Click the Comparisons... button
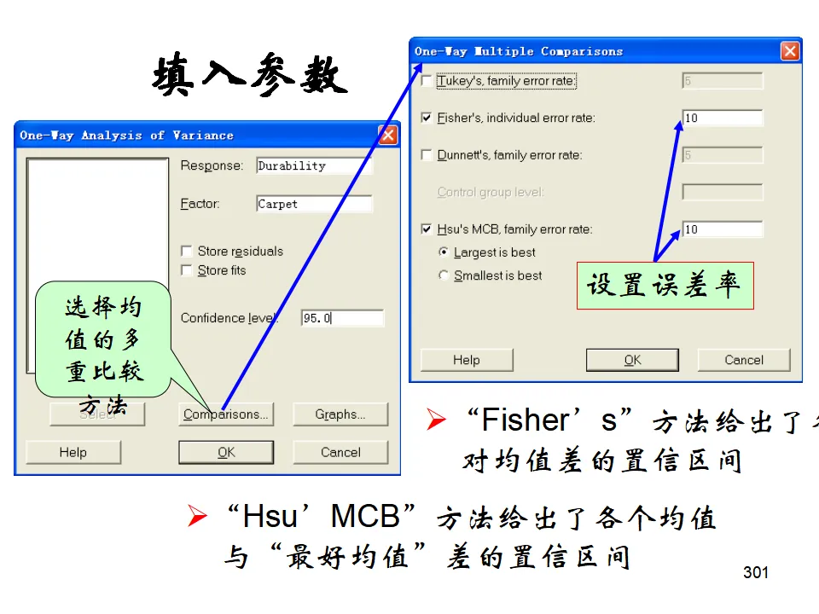click(x=225, y=414)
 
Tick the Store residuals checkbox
click(x=187, y=252)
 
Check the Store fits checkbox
click(x=187, y=270)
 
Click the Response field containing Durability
click(x=314, y=166)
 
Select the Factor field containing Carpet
click(x=314, y=205)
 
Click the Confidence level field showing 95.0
click(x=342, y=318)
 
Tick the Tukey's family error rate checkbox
click(x=427, y=82)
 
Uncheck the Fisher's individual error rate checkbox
click(x=427, y=118)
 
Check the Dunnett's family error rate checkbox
click(x=427, y=155)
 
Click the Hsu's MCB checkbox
click(x=427, y=229)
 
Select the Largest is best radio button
click(x=443, y=252)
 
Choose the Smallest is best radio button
click(x=443, y=275)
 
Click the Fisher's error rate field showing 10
click(x=722, y=118)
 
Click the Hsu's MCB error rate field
click(x=722, y=229)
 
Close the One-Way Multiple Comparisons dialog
click(x=790, y=51)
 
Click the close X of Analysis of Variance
click(x=388, y=135)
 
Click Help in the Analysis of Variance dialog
click(x=73, y=452)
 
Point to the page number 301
click(x=756, y=572)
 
